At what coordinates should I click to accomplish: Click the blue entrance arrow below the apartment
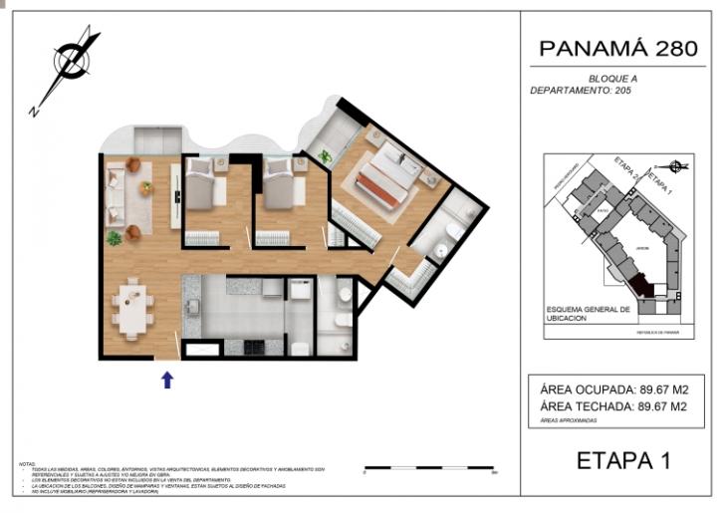pyautogui.click(x=167, y=379)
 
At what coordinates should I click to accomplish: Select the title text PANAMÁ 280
pyautogui.click(x=617, y=48)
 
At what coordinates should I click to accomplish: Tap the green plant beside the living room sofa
pyautogui.click(x=115, y=238)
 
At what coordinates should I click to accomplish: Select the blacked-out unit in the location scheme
pyautogui.click(x=641, y=286)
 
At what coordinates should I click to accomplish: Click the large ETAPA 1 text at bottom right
pyautogui.click(x=623, y=460)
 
